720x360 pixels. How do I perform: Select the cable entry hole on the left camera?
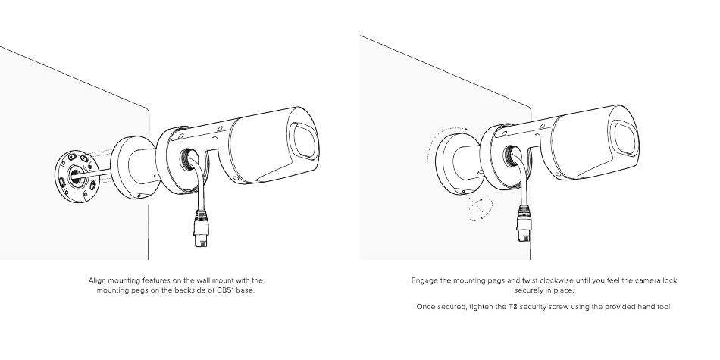186,158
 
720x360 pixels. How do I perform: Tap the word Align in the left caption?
98,280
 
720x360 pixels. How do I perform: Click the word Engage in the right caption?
424,280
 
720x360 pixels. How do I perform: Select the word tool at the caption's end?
664,307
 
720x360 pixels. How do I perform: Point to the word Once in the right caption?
425,307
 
